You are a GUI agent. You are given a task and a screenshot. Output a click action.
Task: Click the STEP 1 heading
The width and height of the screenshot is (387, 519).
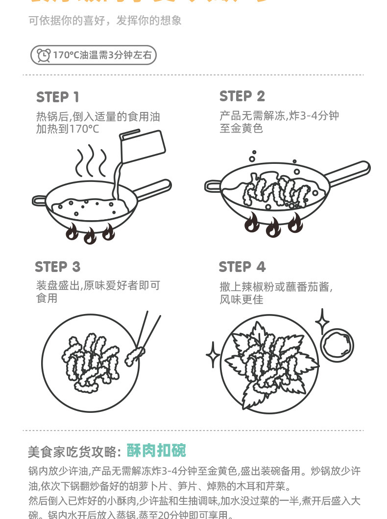point(57,97)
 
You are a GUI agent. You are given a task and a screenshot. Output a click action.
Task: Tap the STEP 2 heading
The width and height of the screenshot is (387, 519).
point(242,96)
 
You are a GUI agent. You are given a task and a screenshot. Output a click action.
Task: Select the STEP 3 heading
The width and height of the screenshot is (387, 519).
point(57,267)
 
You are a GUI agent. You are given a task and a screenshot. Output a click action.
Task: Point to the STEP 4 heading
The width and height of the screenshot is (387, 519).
point(242,267)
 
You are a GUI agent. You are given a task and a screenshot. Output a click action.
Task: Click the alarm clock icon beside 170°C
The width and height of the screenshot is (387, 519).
point(44,55)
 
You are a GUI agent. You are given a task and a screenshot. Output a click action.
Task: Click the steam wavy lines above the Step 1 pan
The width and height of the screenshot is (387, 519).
point(91,160)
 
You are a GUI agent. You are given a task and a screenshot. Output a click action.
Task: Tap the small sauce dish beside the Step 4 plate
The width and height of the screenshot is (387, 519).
point(337,345)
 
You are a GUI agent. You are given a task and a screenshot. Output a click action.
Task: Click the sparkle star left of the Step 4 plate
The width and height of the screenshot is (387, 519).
point(213,355)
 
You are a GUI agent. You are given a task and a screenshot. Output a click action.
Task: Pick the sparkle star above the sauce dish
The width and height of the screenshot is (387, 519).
point(322,321)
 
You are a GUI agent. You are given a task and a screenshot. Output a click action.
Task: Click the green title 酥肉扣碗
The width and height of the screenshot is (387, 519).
point(156,451)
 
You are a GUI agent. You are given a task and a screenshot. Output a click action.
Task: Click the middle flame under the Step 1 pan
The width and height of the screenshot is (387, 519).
point(90,236)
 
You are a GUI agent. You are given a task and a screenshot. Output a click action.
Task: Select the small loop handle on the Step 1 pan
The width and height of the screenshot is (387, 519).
point(39,200)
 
